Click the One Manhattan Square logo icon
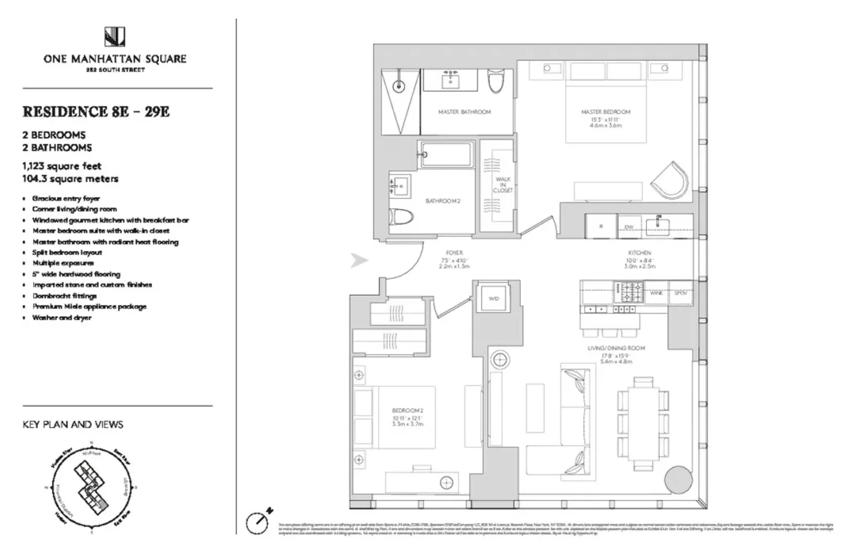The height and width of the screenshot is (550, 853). click(x=115, y=37)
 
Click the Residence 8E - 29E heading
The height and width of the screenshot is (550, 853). click(x=96, y=112)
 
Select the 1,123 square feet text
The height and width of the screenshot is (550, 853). click(x=62, y=166)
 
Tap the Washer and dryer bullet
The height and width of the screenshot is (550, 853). click(x=62, y=318)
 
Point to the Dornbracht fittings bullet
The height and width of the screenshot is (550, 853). click(x=64, y=296)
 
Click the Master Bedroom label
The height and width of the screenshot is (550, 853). click(x=606, y=112)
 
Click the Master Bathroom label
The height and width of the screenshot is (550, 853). click(x=464, y=112)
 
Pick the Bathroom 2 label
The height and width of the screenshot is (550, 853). click(x=443, y=201)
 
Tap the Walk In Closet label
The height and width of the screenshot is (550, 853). click(x=503, y=185)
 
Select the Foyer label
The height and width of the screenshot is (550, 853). click(x=454, y=253)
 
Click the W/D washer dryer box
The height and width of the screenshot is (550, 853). click(x=493, y=299)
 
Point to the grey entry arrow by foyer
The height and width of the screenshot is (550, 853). click(x=359, y=261)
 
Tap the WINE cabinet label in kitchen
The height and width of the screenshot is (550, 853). click(x=656, y=293)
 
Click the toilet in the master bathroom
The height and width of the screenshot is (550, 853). click(x=496, y=82)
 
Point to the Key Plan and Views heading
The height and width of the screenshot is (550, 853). click(x=73, y=425)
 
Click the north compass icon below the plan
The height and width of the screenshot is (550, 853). click(x=258, y=522)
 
